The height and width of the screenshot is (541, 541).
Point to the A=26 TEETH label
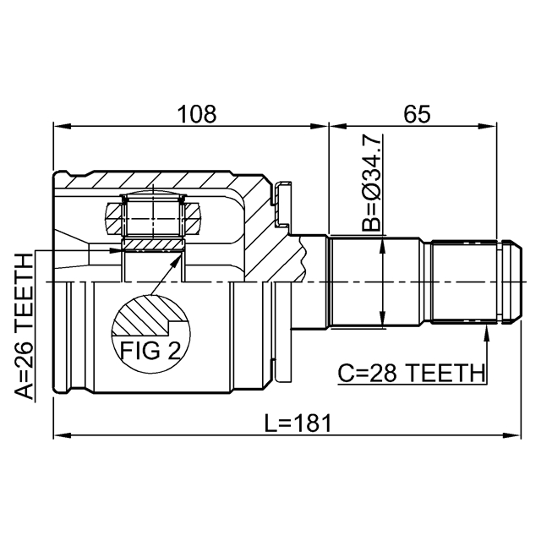pyautogui.click(x=25, y=325)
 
